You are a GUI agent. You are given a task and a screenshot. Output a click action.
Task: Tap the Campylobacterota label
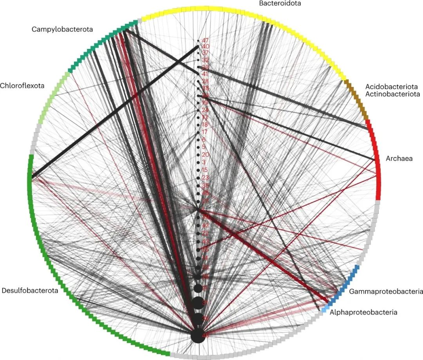[62, 30]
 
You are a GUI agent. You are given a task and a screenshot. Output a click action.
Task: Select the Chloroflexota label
[22, 85]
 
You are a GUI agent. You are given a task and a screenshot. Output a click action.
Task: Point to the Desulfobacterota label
[30, 291]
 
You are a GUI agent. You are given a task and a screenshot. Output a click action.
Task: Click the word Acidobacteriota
[391, 87]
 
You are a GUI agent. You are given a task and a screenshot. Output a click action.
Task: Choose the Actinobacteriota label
[392, 94]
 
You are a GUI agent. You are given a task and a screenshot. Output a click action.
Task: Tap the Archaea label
[398, 159]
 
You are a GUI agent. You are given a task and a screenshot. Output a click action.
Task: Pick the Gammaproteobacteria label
[385, 291]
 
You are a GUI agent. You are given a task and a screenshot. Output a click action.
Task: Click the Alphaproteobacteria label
[363, 312]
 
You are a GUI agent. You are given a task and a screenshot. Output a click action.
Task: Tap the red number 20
[205, 155]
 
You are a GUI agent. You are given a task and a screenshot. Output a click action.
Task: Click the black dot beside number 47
[199, 41]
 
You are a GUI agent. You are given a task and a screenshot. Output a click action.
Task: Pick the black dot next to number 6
[199, 139]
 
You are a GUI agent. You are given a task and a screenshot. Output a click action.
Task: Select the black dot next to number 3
[199, 162]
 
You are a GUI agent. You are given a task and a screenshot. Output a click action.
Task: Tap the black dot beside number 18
[199, 125]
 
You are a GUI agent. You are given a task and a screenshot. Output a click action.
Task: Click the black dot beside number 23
[199, 178]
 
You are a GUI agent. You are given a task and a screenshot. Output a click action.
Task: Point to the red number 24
[205, 109]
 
